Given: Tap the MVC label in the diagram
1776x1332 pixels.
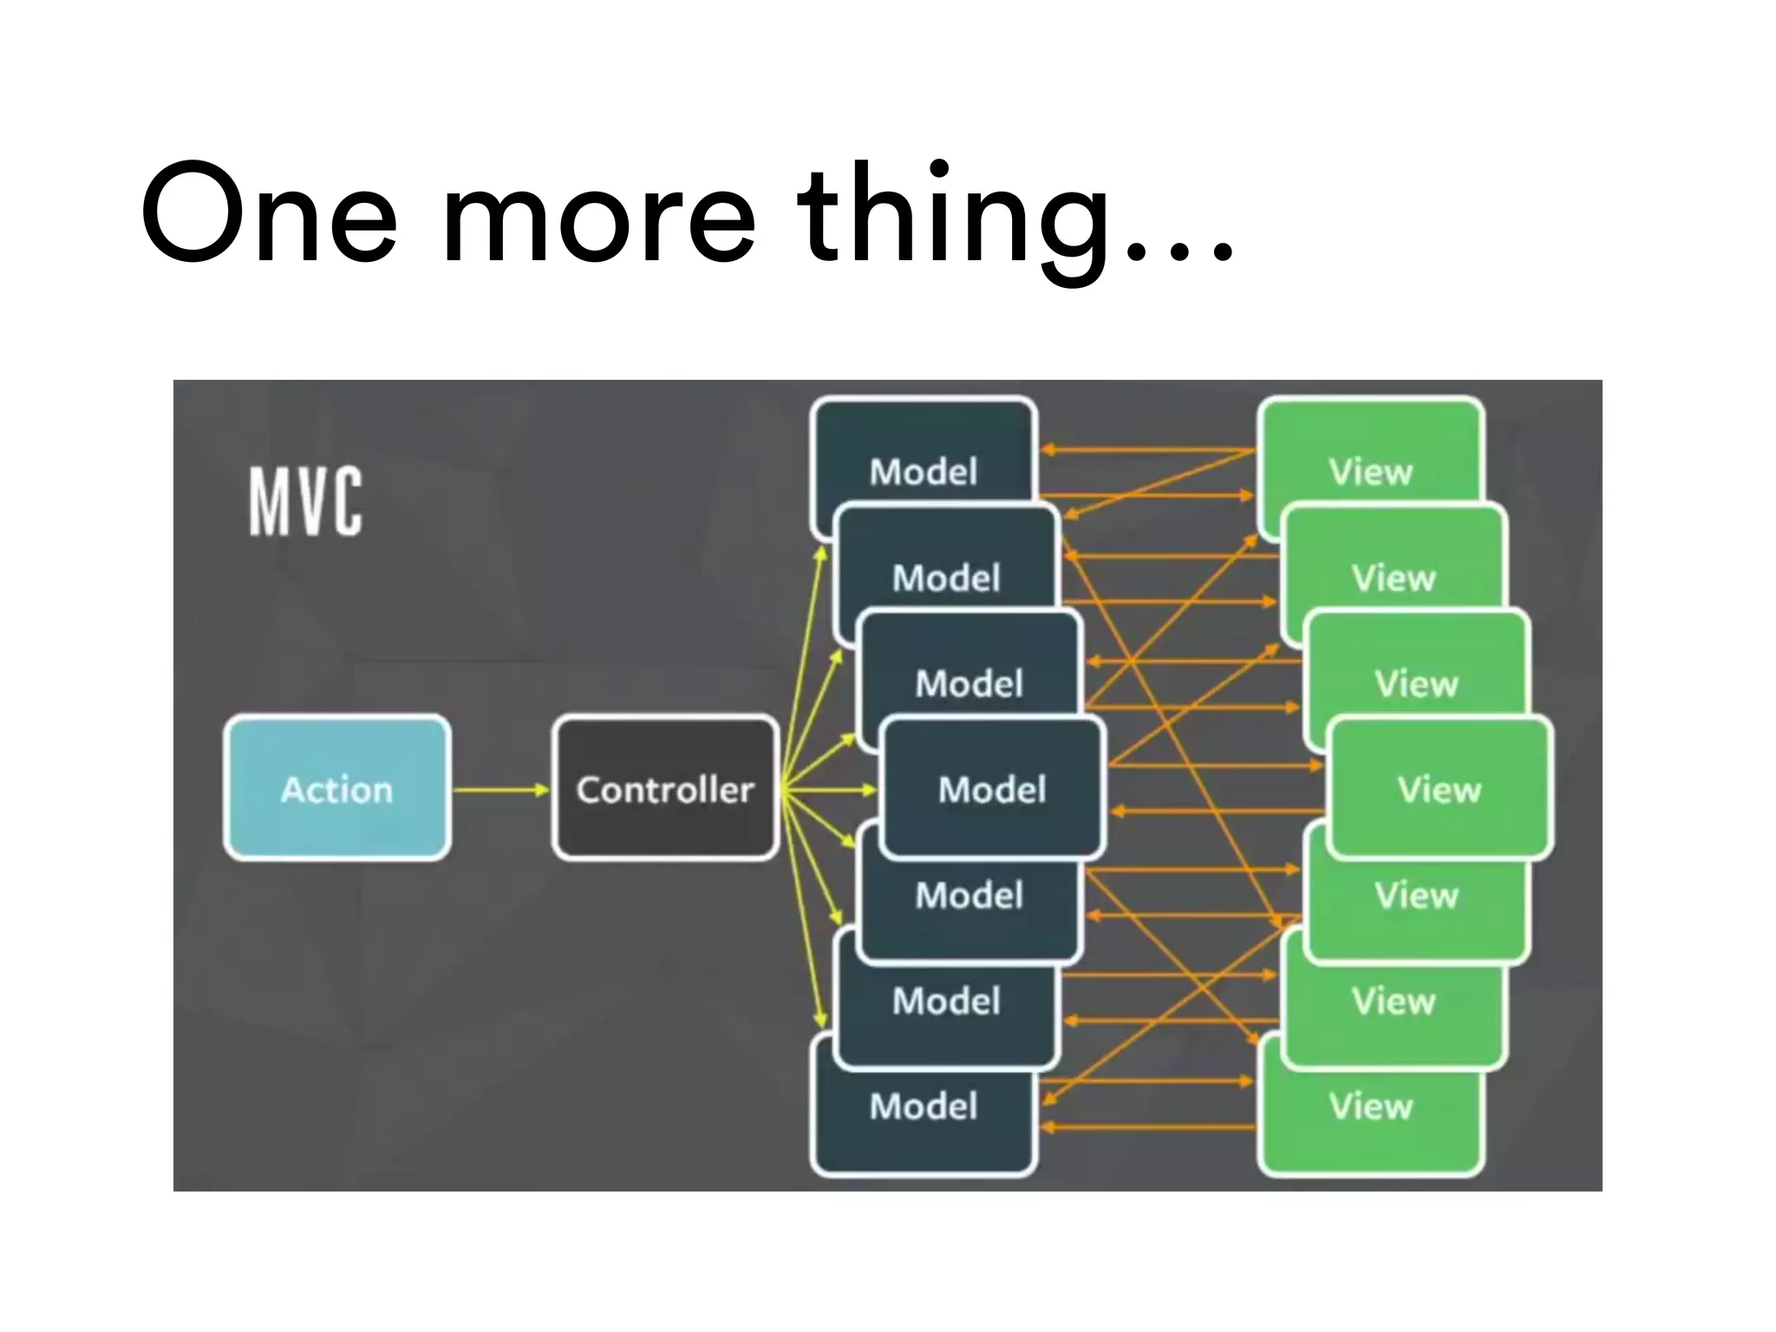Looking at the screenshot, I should tap(305, 501).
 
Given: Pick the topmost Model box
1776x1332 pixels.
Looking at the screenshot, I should tap(923, 460).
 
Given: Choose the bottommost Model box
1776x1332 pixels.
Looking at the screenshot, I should tap(923, 1119).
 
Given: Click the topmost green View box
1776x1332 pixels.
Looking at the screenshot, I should tap(1370, 460).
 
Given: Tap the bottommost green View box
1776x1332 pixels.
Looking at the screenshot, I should tap(1370, 1119).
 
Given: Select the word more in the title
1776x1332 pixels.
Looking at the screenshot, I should tap(598, 217).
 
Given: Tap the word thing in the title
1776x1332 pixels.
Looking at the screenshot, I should tap(954, 217).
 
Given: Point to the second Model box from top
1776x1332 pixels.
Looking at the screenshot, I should tap(945, 572).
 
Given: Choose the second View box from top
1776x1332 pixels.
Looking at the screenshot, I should tap(1394, 572).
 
